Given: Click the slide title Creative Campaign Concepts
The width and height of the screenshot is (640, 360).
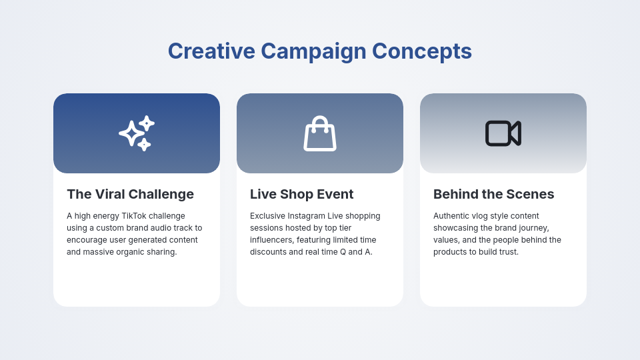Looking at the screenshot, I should click(320, 51).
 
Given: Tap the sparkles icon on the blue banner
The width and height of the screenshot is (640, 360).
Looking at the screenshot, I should click(137, 133).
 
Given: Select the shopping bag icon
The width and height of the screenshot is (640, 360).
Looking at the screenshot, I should click(320, 133).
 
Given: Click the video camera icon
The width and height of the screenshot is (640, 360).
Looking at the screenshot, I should click(503, 133).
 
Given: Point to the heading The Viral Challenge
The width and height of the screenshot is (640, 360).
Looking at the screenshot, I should click(130, 194).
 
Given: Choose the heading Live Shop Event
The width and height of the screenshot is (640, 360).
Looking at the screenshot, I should click(301, 194).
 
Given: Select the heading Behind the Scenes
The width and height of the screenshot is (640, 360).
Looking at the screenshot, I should click(493, 194).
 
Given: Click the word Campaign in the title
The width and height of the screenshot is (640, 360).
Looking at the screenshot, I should click(313, 51).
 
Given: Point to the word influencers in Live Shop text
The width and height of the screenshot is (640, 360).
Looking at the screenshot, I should click(271, 240).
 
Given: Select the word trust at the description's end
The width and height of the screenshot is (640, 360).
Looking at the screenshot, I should click(507, 252).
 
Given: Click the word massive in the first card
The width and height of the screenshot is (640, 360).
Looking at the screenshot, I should click(98, 252).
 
